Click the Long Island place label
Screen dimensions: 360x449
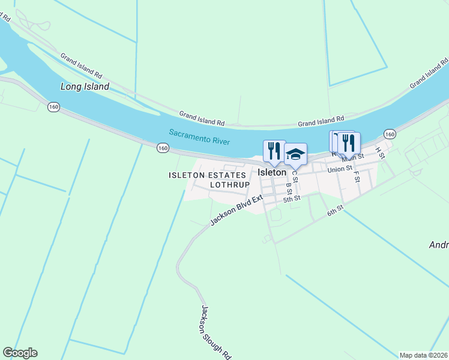pos(85,86)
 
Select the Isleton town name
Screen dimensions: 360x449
pos(272,172)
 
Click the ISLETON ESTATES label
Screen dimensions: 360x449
pos(207,175)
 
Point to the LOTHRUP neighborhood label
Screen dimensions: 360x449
pos(229,185)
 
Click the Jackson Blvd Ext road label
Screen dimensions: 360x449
pos(237,210)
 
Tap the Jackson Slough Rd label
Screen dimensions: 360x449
pos(215,332)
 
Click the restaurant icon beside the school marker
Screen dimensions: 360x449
pos(274,151)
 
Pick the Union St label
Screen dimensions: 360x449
pos(339,170)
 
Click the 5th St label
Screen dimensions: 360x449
pos(291,199)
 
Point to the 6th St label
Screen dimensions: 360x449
pos(335,210)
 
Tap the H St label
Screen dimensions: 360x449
pos(379,151)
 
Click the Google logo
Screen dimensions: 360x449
pos(20,353)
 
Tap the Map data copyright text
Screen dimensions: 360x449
pos(424,355)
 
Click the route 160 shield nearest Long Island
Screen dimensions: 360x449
pos(54,107)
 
